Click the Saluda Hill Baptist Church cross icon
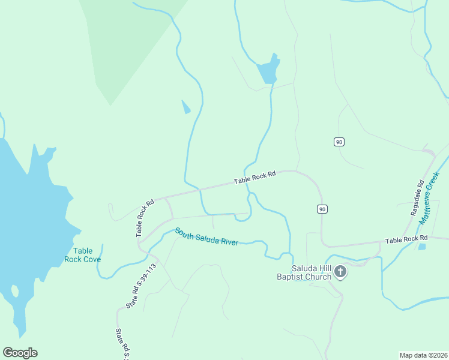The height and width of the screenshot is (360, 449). click(340, 272)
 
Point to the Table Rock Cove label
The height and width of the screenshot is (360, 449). click(82, 255)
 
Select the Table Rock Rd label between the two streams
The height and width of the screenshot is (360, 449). click(255, 177)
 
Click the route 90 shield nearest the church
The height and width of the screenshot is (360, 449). click(322, 209)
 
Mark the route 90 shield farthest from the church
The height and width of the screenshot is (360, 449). click(339, 142)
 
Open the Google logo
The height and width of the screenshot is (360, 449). click(20, 353)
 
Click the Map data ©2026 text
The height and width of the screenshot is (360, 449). click(423, 355)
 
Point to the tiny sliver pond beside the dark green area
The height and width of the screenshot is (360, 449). click(186, 107)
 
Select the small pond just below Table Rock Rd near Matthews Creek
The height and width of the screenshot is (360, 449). click(422, 246)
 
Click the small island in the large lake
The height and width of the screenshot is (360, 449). click(14, 292)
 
